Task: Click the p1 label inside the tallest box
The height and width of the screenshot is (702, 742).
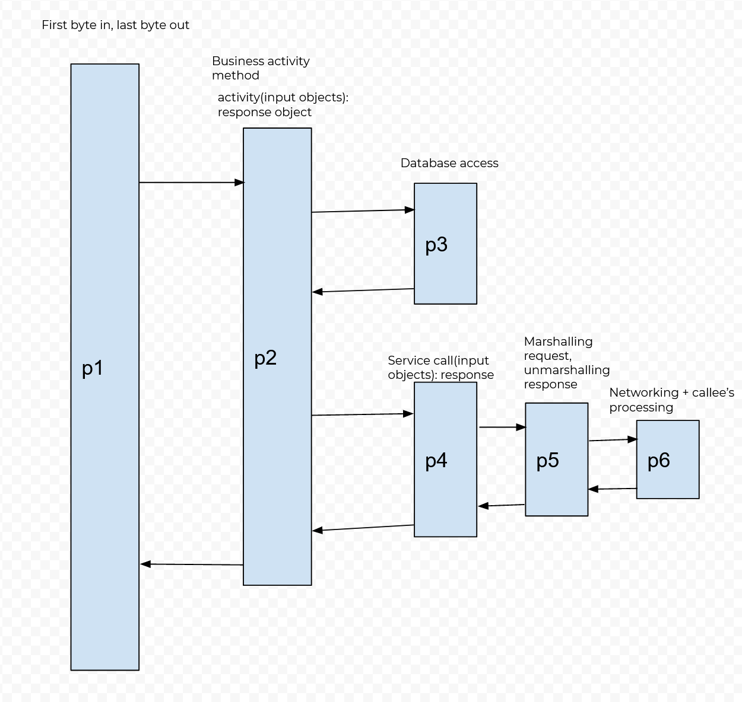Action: [x=93, y=368]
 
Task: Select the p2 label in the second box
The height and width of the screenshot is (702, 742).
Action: [x=265, y=358]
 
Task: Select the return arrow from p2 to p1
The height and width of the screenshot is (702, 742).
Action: [x=191, y=564]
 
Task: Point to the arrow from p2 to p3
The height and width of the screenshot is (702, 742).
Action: [x=363, y=210]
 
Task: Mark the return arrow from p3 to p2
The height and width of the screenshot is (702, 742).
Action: [x=363, y=291]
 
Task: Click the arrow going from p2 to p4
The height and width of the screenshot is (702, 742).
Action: [x=363, y=414]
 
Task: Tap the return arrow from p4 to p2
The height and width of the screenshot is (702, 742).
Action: [x=363, y=528]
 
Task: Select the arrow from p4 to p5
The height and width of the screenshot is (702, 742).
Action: [x=502, y=427]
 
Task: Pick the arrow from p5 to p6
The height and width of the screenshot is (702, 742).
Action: [x=612, y=440]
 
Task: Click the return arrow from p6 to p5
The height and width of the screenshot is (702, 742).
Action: [x=612, y=489]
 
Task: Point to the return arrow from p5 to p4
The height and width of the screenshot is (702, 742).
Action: [x=502, y=506]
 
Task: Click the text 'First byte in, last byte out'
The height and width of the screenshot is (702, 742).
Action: [x=115, y=25]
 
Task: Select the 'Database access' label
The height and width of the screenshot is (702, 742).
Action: [x=449, y=163]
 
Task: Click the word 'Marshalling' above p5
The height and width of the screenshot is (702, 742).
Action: [x=558, y=342]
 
